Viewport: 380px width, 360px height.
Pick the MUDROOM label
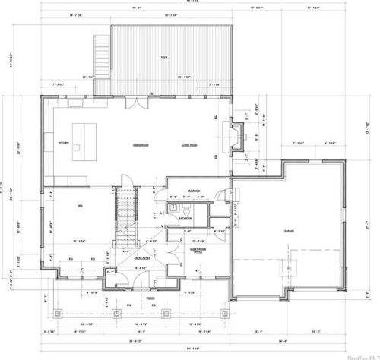pos(194,191)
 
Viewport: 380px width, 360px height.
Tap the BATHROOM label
pos(185,218)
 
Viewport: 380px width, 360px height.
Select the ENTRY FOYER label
pos(141,258)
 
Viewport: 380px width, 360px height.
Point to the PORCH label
pos(150,298)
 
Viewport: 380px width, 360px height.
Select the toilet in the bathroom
pos(174,207)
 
